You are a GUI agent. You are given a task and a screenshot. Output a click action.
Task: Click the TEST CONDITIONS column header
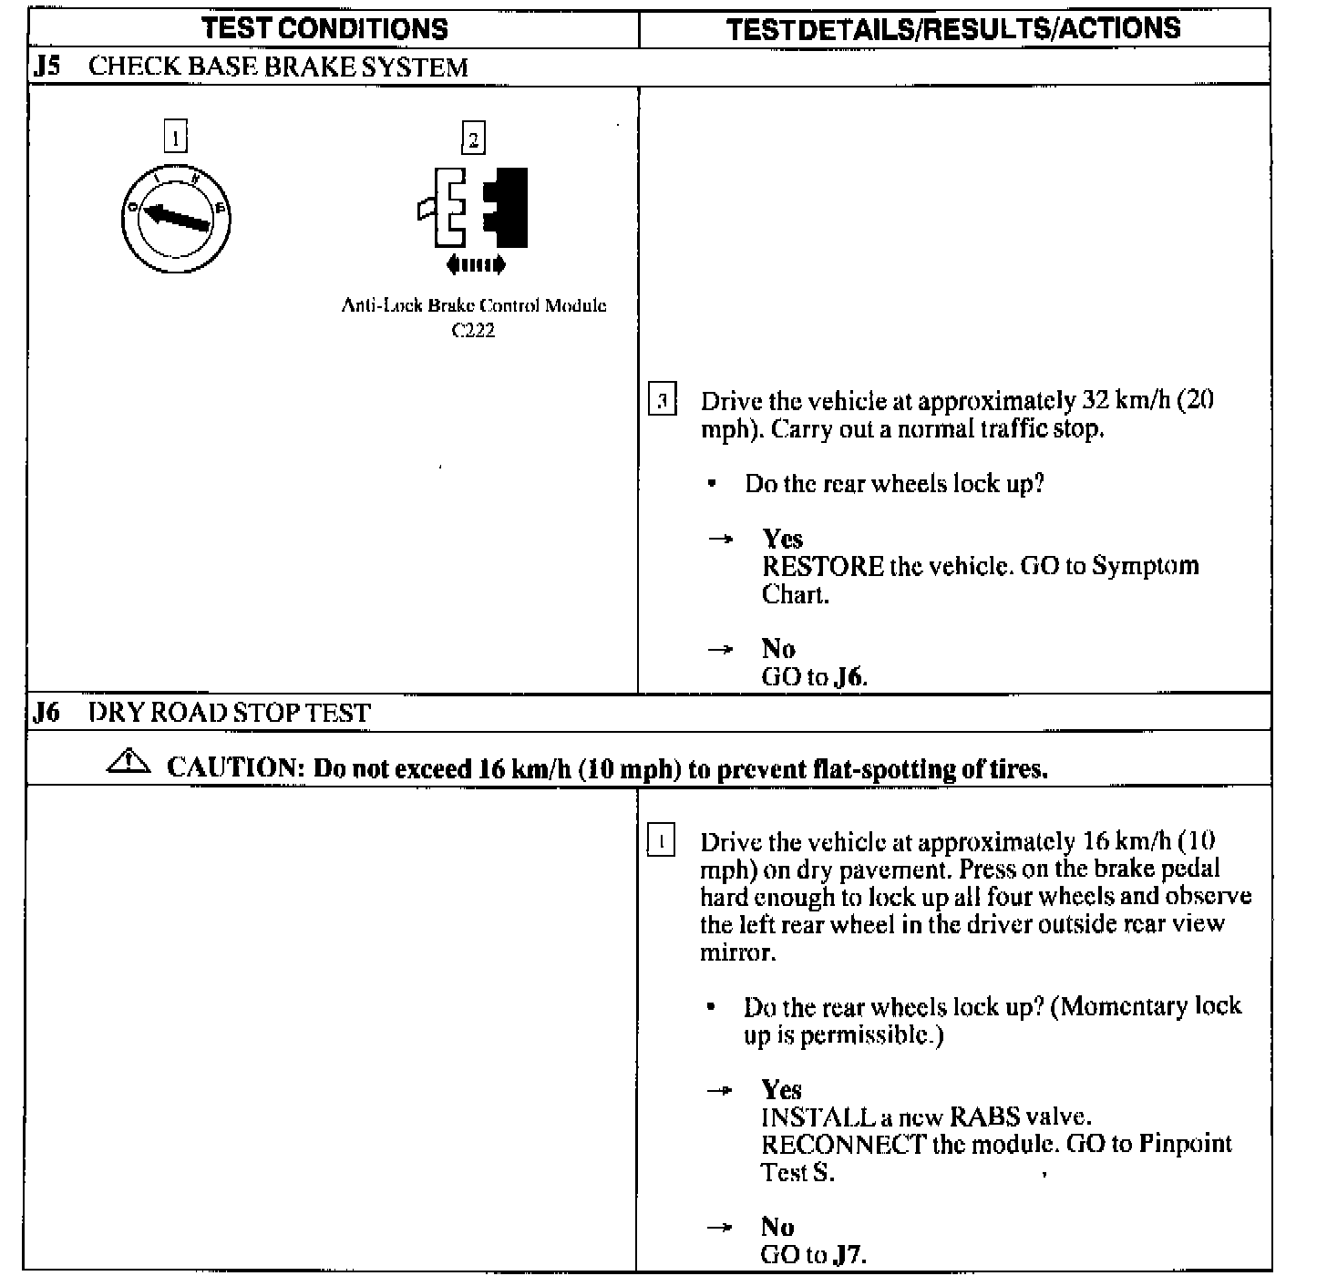point(325,28)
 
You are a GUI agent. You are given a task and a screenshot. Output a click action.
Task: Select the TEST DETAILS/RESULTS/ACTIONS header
point(953,28)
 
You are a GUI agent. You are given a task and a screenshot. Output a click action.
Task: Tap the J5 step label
point(47,67)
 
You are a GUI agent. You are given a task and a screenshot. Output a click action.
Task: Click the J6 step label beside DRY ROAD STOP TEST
point(46,712)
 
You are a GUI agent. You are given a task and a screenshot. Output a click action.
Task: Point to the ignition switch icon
point(176,219)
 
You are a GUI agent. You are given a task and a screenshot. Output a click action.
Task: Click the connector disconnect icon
point(473,208)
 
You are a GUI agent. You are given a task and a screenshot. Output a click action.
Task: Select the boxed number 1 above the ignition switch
point(175,139)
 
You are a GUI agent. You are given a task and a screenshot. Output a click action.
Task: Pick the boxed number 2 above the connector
point(473,139)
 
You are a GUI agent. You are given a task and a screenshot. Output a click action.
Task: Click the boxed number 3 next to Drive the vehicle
point(662,401)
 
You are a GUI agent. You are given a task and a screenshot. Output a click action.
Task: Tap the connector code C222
point(473,330)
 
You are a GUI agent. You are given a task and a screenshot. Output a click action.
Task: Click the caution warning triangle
point(130,763)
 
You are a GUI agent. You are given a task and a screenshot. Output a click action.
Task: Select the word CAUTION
point(233,767)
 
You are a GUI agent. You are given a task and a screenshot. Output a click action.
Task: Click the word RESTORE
point(822,566)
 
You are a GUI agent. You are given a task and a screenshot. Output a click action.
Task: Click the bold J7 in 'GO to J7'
point(849,1255)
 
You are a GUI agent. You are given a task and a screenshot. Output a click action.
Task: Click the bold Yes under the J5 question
point(783,538)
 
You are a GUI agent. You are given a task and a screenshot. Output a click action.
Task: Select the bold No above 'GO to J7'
point(777,1227)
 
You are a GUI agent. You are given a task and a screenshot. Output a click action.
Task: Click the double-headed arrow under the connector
point(475,265)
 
